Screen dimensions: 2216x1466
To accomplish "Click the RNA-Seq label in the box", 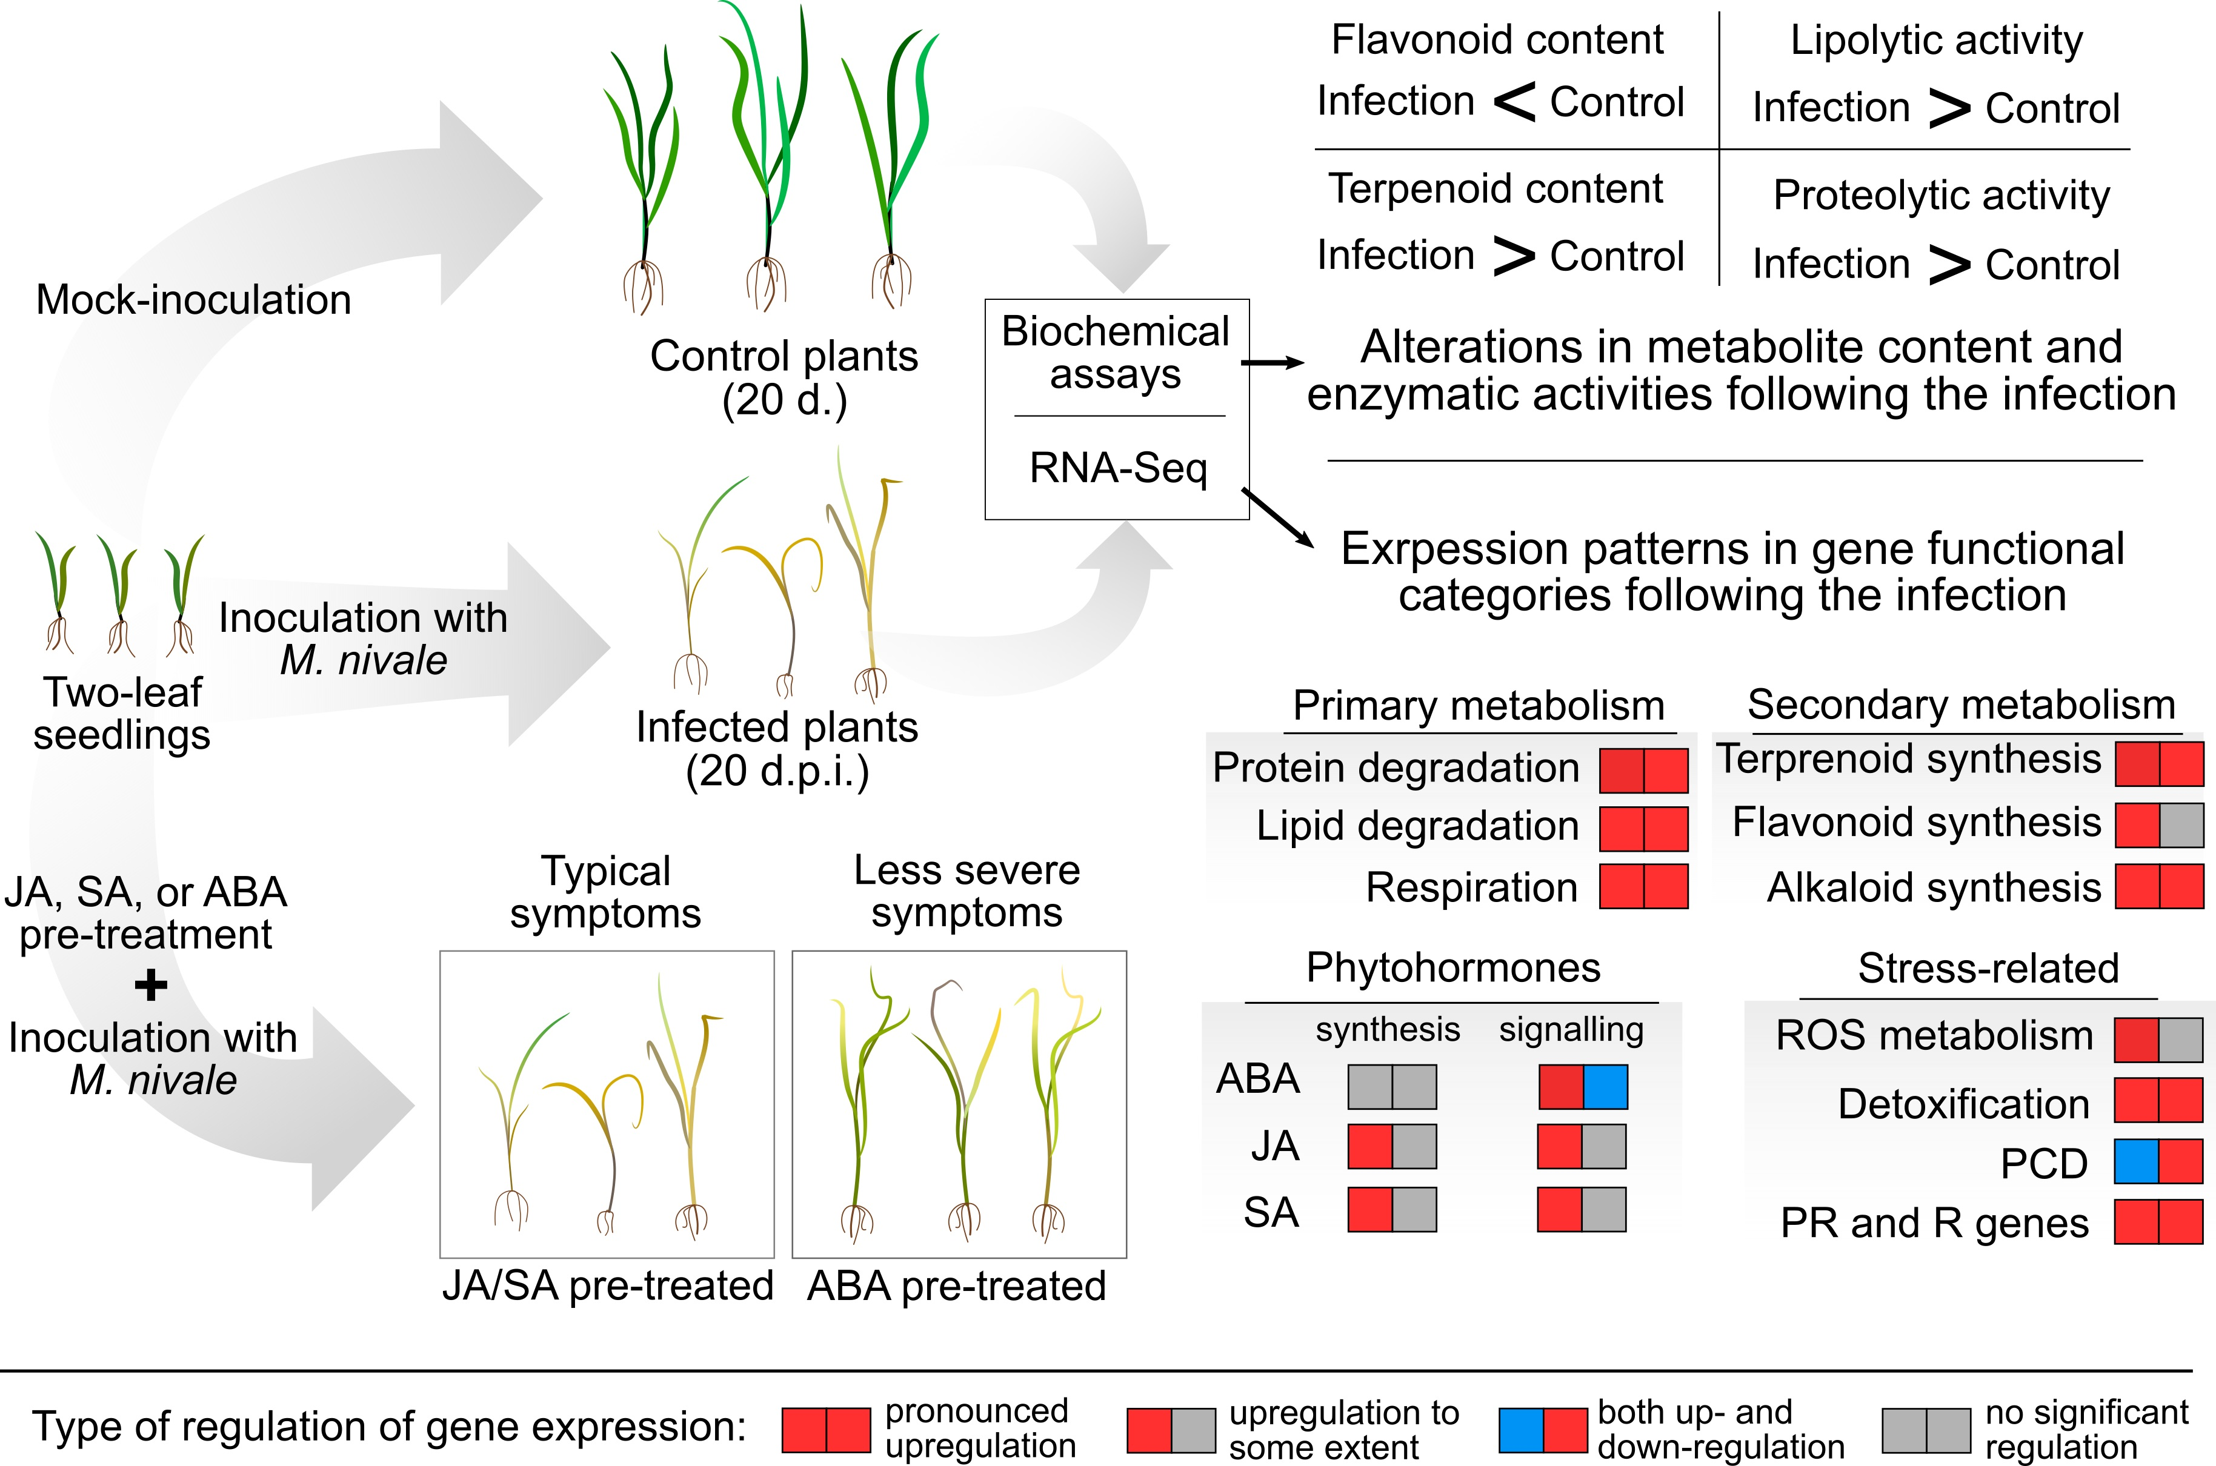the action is point(1118,468).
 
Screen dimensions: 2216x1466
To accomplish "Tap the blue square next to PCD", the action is point(2137,1164).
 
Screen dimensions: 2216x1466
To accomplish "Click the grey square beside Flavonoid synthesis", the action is point(2181,826).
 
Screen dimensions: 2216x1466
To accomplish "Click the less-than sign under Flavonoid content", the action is point(1514,101).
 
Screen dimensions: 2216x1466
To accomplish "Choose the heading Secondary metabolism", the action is point(1961,705).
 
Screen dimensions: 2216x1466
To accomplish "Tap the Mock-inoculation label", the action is point(193,300).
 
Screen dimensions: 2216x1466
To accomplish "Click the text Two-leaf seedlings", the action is point(122,714).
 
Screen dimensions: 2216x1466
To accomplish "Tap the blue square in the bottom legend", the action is point(1522,1430).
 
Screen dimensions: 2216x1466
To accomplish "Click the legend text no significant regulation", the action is point(2086,1428).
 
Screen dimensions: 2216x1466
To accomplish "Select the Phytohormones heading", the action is point(1453,967).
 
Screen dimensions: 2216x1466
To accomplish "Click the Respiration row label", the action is point(1472,887).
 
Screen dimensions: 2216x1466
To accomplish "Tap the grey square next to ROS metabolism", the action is point(2181,1039).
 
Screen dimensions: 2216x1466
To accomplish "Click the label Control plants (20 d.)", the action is point(785,378).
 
